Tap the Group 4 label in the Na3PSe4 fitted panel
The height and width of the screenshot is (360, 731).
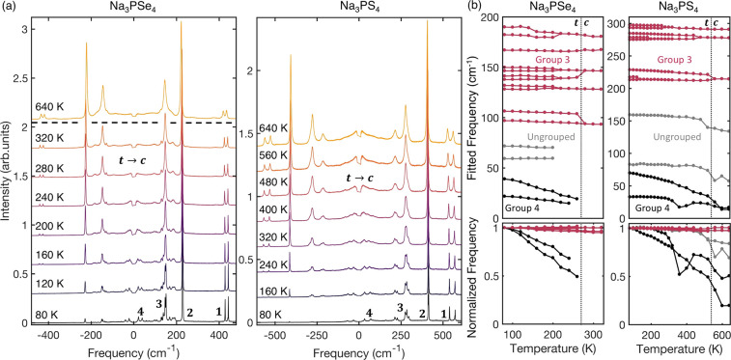[x=537, y=207]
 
